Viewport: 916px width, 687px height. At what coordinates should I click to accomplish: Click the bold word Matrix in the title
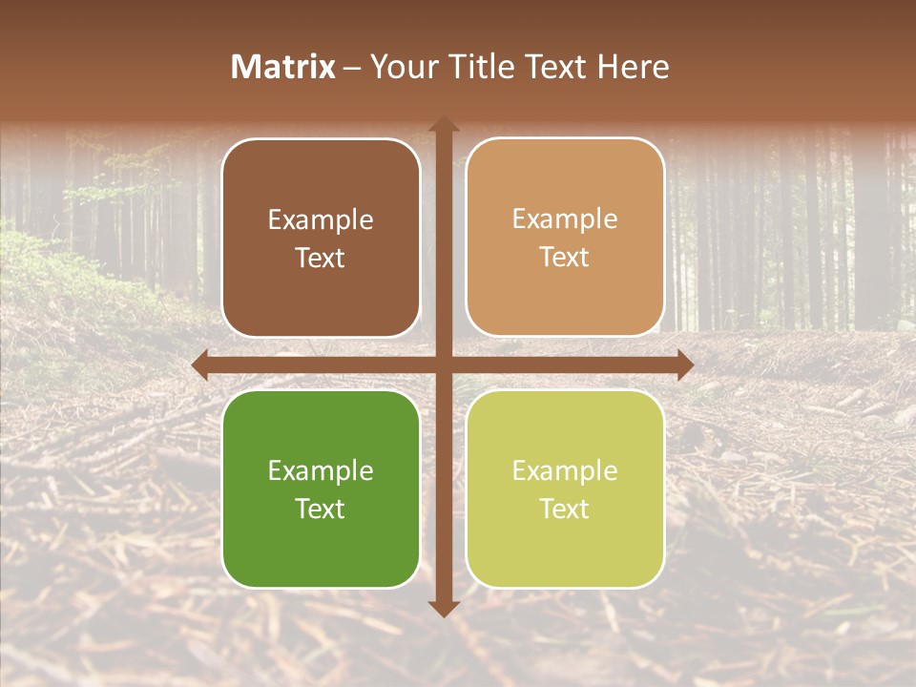(x=283, y=67)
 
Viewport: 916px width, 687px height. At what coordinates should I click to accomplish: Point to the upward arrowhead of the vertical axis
(x=443, y=125)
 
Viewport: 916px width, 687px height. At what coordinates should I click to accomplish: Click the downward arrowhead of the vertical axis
(x=443, y=608)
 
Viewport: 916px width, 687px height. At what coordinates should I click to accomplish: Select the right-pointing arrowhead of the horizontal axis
(x=684, y=364)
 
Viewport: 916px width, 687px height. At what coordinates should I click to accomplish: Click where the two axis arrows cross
(x=443, y=364)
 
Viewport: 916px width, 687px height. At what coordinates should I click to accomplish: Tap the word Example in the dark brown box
(x=321, y=220)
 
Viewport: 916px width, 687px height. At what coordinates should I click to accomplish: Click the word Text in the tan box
(x=565, y=258)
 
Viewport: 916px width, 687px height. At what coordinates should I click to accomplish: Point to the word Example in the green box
(x=321, y=471)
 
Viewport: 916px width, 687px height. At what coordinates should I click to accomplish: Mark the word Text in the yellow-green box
(x=565, y=509)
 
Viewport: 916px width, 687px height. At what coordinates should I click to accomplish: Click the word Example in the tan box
(x=565, y=219)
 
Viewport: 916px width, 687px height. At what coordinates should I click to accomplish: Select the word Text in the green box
(x=321, y=509)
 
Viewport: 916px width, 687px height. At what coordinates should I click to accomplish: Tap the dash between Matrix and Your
(x=352, y=68)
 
